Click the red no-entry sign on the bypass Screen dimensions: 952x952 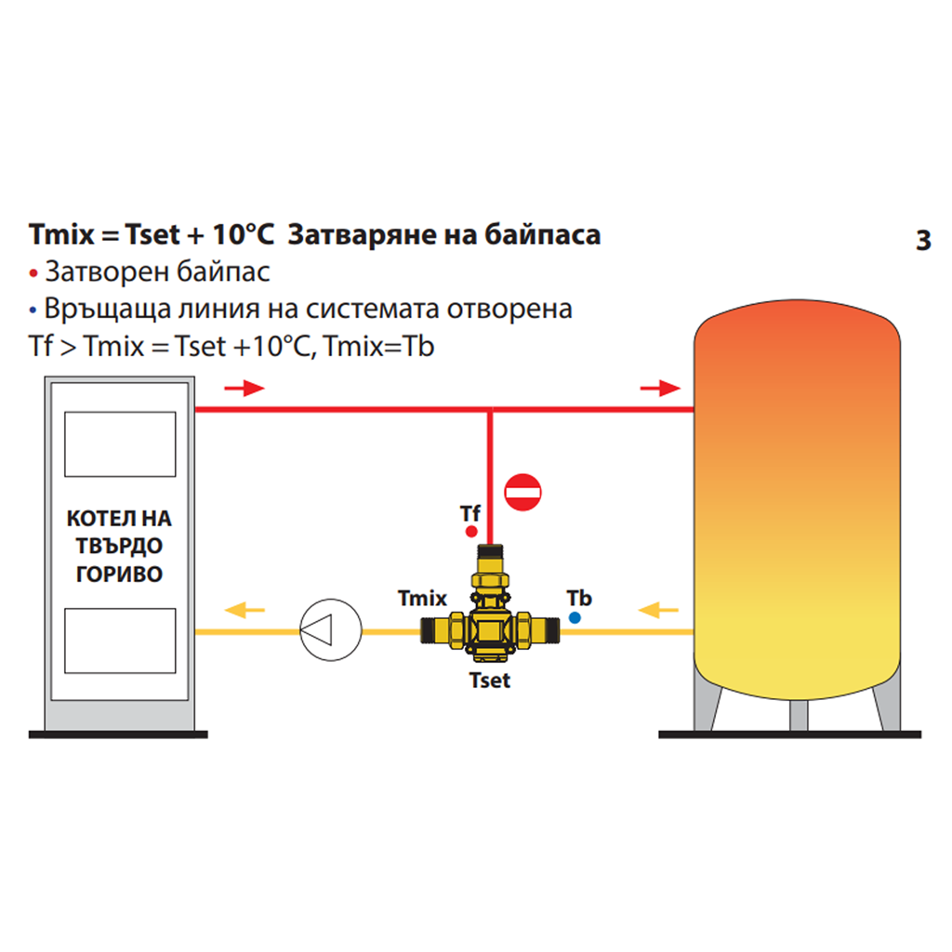point(522,492)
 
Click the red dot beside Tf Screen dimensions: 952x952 point(471,533)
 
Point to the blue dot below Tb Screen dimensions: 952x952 point(575,617)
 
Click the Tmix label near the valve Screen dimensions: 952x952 point(423,600)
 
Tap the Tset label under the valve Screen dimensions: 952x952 point(490,681)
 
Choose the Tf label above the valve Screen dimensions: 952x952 point(470,513)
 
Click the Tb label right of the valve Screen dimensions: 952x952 point(579,598)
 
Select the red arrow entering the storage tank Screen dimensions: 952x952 point(661,389)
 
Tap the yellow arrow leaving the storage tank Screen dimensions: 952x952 point(661,611)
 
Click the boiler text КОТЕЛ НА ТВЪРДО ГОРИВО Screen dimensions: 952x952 point(120,546)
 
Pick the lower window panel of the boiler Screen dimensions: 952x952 point(120,641)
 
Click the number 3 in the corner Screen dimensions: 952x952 point(922,241)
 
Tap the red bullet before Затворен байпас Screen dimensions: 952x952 point(34,274)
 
